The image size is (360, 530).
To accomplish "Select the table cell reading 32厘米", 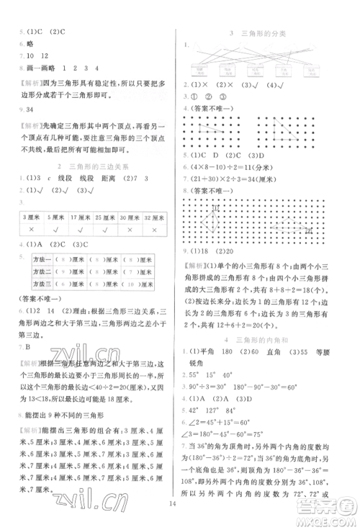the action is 154,217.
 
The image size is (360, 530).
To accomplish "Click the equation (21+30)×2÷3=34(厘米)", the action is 238,174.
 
